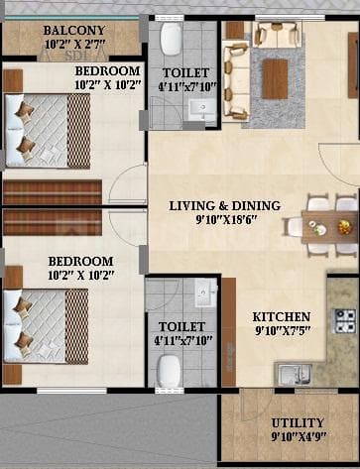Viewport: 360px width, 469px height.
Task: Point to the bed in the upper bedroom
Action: pyautogui.click(x=45, y=124)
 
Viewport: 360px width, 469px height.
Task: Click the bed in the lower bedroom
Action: pyautogui.click(x=45, y=317)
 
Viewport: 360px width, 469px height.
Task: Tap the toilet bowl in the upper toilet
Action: pyautogui.click(x=170, y=40)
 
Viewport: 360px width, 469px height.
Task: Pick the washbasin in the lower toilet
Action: pyautogui.click(x=205, y=296)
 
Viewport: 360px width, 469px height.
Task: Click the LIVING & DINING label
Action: pyautogui.click(x=224, y=206)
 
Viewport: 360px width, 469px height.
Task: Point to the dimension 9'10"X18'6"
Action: pyautogui.click(x=224, y=221)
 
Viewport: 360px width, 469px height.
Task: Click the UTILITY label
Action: pyautogui.click(x=298, y=420)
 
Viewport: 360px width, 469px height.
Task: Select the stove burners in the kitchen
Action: pyautogui.click(x=344, y=320)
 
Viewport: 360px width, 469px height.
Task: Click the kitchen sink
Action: pyautogui.click(x=295, y=373)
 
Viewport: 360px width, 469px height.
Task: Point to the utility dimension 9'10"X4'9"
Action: pyautogui.click(x=298, y=435)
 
